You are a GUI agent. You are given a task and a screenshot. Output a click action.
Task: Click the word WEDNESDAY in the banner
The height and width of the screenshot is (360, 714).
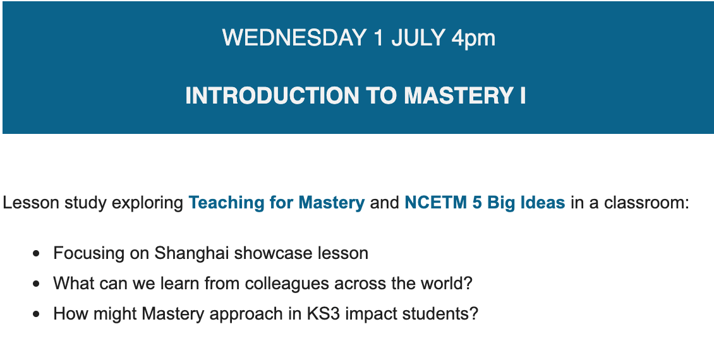(294, 37)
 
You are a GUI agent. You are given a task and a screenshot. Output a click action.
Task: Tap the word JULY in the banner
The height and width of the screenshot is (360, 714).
(418, 37)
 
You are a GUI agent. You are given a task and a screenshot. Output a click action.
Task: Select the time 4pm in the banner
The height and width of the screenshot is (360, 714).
(473, 39)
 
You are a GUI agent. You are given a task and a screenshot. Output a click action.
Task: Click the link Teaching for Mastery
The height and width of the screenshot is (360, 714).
(277, 203)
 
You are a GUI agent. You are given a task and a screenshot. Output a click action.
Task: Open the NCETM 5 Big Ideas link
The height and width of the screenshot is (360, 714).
(485, 203)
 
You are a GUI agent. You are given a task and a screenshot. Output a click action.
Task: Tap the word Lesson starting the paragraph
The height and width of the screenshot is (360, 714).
(31, 203)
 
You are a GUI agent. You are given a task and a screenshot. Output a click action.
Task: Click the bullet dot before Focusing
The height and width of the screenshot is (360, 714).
(37, 254)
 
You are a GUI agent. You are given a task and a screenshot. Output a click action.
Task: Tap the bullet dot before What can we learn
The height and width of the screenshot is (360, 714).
(37, 284)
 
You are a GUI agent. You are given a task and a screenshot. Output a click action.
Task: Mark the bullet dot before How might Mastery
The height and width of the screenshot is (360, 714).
(37, 314)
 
